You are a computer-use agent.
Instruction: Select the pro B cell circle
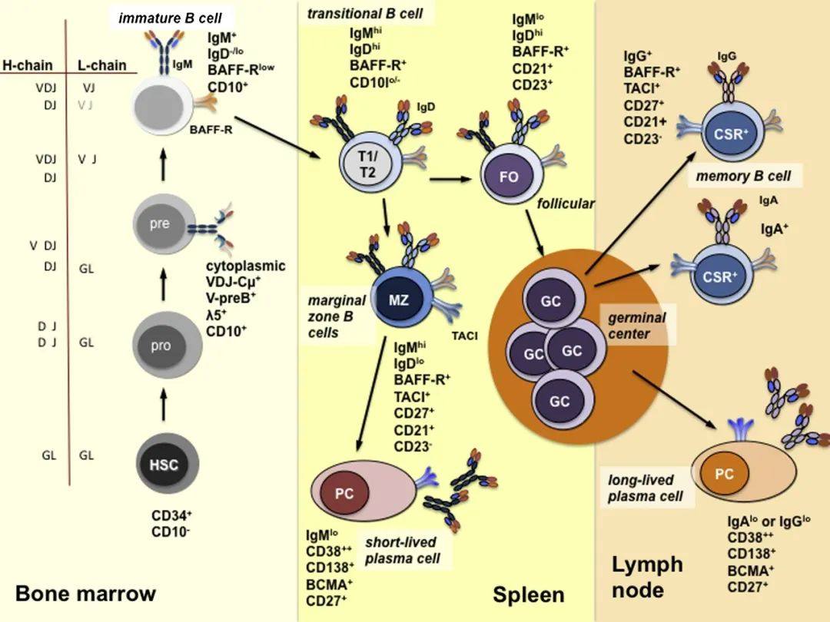point(161,345)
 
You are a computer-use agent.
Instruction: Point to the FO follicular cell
point(509,177)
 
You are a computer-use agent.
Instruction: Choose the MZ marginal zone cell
point(399,300)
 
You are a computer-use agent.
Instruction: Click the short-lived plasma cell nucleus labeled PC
point(345,494)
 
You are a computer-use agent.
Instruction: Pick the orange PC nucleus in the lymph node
point(725,474)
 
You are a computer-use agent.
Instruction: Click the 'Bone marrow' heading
point(85,594)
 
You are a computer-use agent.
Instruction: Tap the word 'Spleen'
point(529,594)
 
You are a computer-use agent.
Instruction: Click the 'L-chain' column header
point(101,65)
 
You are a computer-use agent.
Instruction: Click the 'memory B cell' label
point(742,176)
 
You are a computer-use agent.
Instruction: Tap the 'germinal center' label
point(637,326)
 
